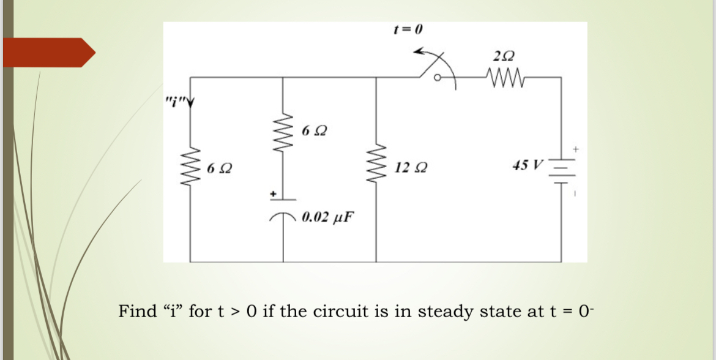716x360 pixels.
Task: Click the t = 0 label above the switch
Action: point(408,29)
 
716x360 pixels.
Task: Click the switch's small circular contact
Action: point(437,78)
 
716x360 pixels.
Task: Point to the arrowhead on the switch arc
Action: point(419,53)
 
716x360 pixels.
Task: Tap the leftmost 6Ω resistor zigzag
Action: point(191,167)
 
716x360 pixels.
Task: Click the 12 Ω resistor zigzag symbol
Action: point(375,167)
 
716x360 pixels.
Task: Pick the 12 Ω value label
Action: point(406,167)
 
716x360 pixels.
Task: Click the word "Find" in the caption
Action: point(137,312)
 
